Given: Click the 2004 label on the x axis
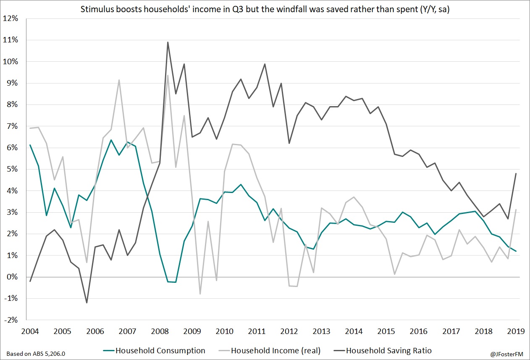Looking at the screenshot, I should point(30,331).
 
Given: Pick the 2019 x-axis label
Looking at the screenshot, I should point(516,331).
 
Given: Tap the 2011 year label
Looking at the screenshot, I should point(257,331).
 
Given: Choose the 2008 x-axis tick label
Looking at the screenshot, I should point(160,331).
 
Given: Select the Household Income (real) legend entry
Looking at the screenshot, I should point(275,350).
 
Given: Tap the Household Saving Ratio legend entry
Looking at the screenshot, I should point(388,350).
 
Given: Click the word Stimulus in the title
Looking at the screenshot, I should point(95,9).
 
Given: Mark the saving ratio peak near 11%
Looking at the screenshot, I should point(168,42).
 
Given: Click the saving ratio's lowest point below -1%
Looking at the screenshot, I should point(87,303).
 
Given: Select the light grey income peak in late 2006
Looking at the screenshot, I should point(119,80).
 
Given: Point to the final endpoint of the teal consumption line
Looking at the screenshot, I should point(516,251).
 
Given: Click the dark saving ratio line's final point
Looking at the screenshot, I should point(516,173).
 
